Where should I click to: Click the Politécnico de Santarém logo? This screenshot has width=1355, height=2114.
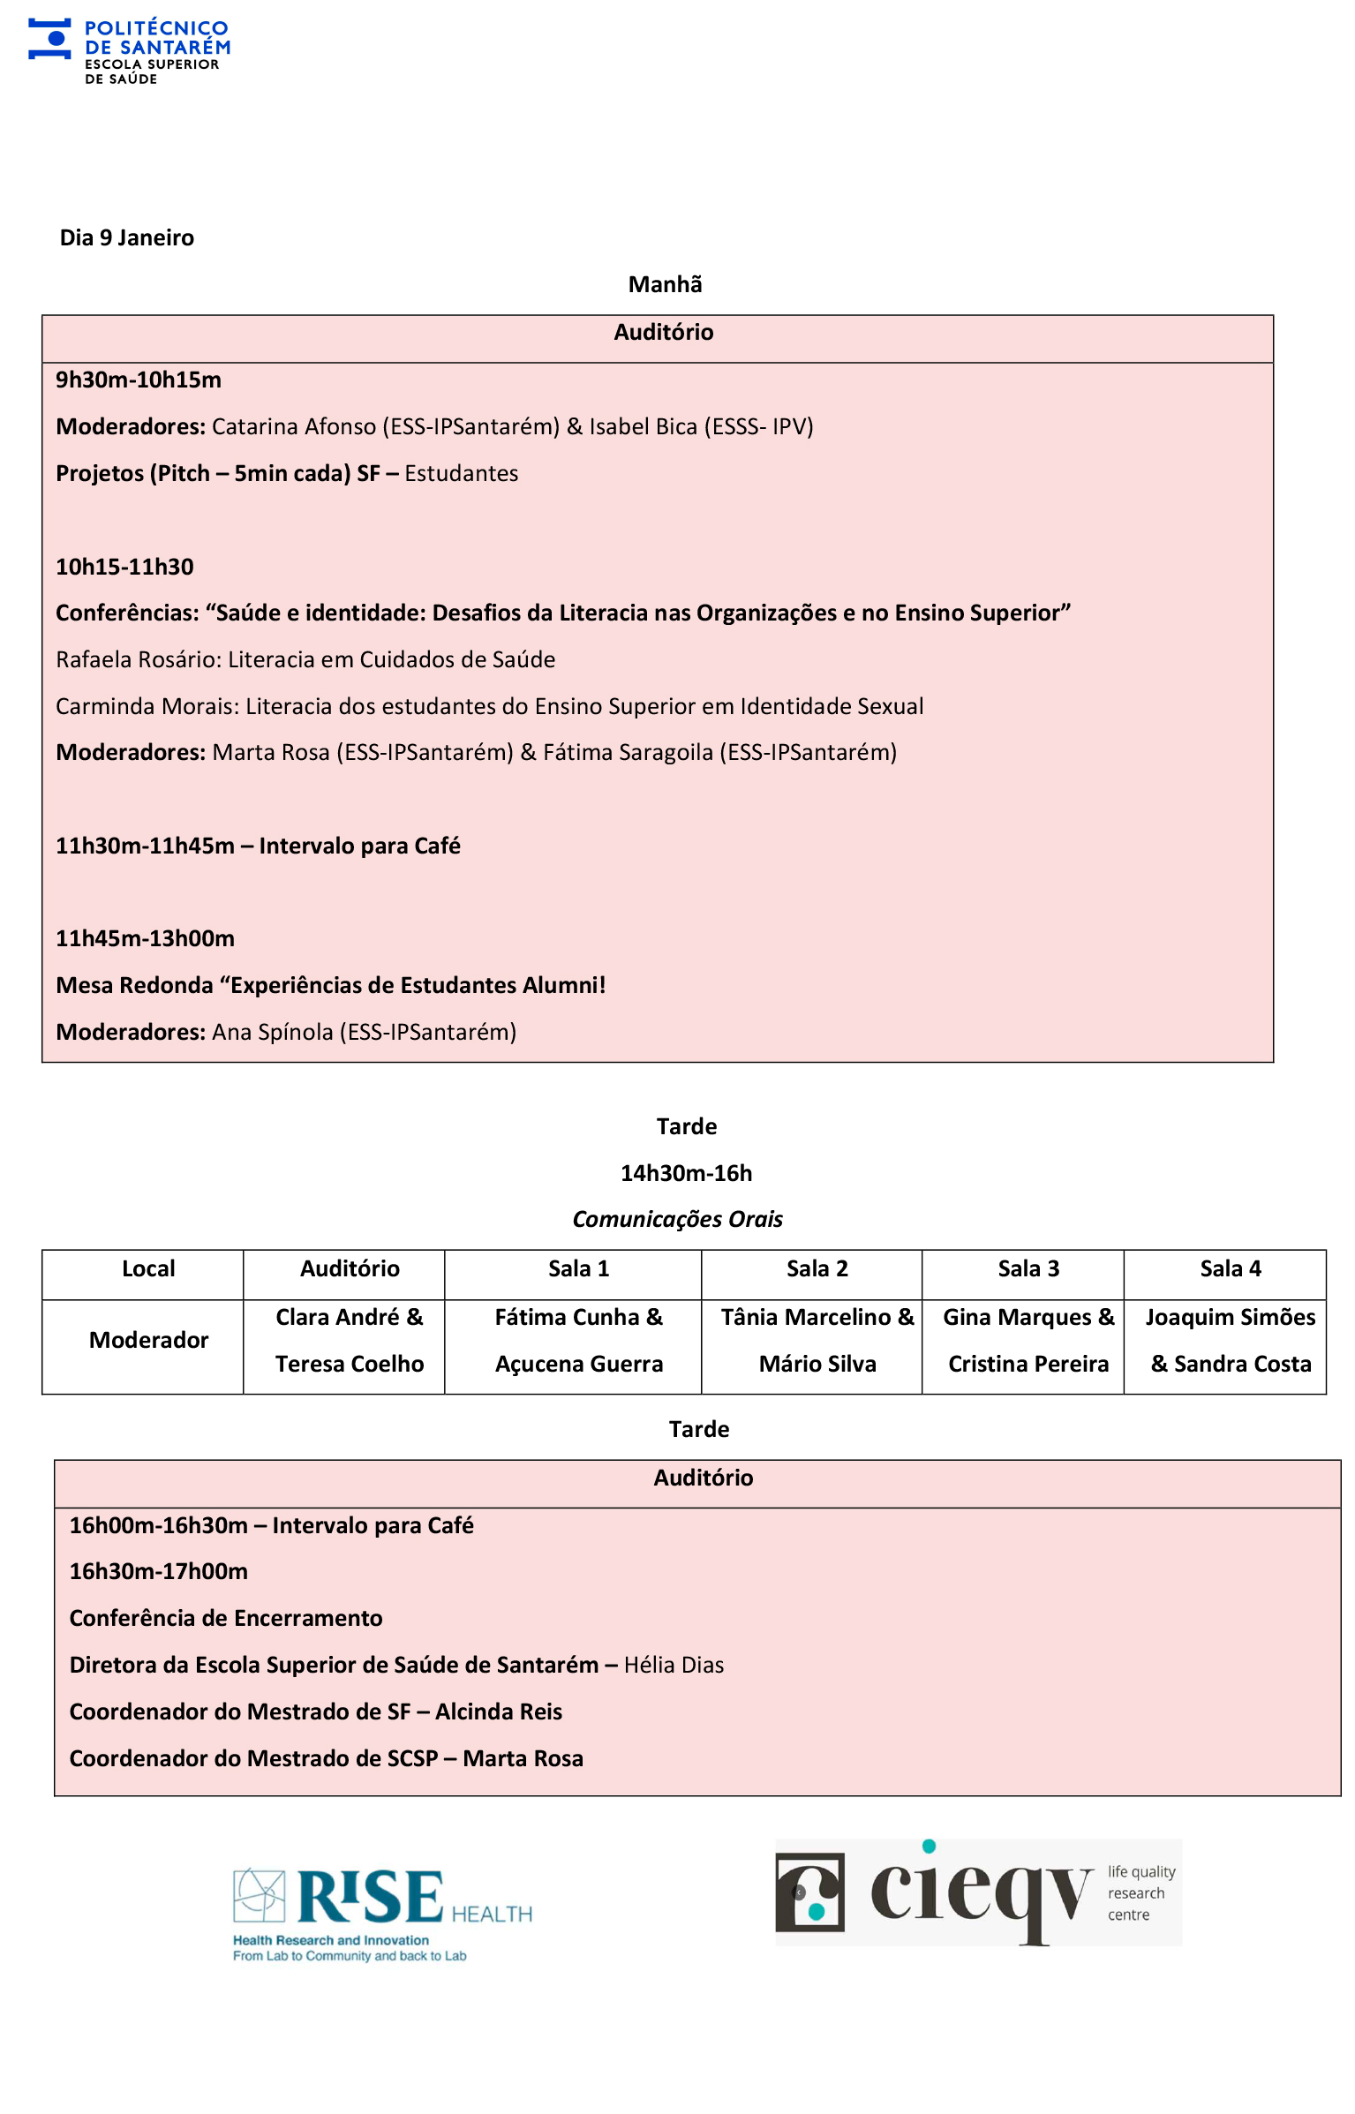coord(129,51)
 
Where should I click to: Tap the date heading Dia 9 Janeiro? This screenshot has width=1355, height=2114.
coord(126,237)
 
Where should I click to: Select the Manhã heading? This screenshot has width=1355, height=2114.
coord(665,284)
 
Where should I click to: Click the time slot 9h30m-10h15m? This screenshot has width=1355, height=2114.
coord(139,380)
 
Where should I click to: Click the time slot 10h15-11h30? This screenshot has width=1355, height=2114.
coord(124,567)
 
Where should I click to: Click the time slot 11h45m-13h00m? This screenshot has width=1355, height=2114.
coord(145,938)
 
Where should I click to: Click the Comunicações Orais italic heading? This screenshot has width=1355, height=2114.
coord(677,1219)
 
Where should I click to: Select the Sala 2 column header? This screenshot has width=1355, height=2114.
coord(817,1268)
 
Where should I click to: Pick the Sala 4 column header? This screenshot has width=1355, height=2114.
coord(1230,1268)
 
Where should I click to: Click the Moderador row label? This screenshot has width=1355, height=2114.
coord(148,1340)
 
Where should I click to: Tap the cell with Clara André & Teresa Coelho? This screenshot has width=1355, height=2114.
coord(350,1340)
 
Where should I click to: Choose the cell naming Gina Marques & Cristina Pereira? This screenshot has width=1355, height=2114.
coord(1028,1340)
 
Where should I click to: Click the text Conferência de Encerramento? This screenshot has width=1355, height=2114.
coord(226,1618)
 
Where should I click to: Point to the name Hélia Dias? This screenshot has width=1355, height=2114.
coord(674,1665)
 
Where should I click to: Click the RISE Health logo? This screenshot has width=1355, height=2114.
coord(381,1914)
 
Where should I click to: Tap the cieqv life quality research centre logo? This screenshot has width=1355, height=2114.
coord(977,1893)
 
